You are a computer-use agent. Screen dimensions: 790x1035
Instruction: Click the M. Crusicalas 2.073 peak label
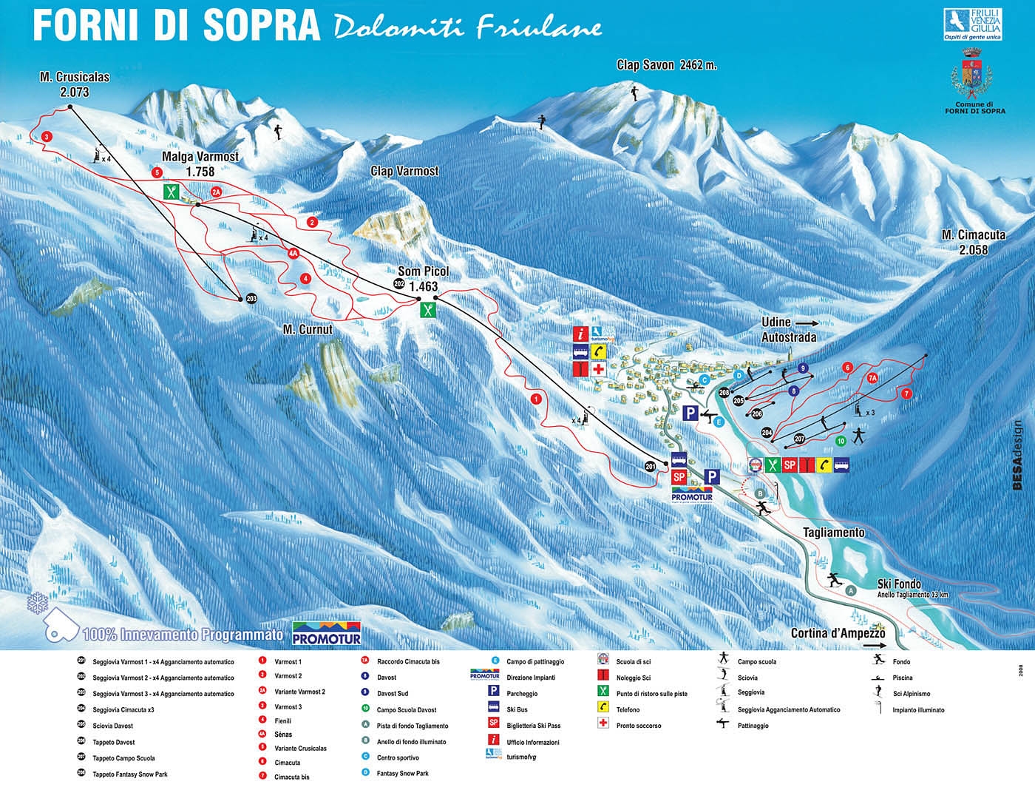64,84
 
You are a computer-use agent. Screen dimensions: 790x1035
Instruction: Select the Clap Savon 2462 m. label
667,65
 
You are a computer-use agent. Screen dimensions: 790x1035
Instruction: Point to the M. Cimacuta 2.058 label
973,242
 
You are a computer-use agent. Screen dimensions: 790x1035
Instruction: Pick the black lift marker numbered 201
650,466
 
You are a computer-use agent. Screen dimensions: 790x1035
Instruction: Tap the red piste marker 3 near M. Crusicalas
47,137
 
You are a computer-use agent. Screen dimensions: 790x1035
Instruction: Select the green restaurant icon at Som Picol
428,309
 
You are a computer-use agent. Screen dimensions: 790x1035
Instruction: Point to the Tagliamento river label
833,533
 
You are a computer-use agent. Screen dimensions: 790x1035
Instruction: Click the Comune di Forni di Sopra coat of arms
975,75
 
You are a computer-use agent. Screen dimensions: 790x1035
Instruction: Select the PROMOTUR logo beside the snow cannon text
327,633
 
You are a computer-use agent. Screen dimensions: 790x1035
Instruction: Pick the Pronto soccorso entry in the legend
639,726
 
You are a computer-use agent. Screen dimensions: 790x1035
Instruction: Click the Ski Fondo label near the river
899,584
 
